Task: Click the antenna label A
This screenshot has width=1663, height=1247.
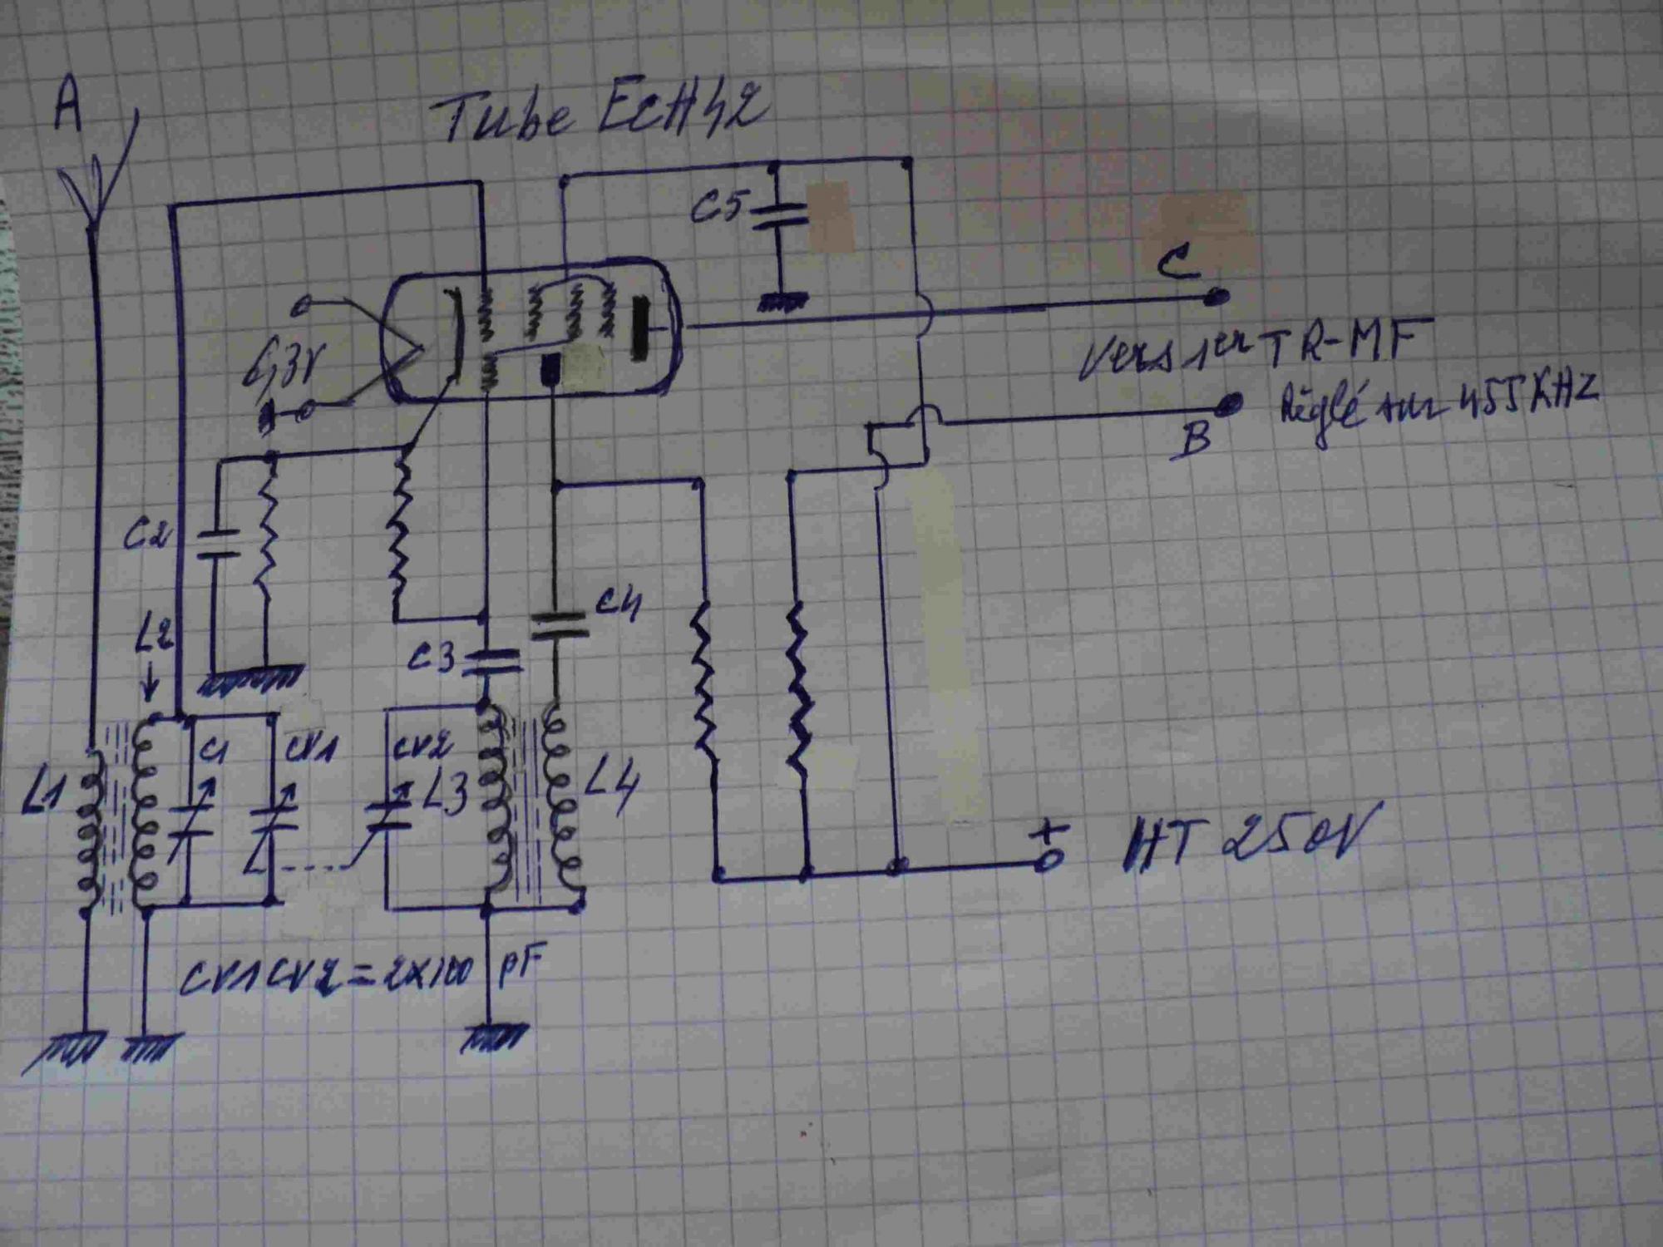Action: pos(69,110)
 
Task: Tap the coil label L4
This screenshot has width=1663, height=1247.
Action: pos(611,786)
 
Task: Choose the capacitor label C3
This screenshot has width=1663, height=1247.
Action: pos(432,658)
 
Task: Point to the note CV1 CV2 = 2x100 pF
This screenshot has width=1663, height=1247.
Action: pos(358,973)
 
